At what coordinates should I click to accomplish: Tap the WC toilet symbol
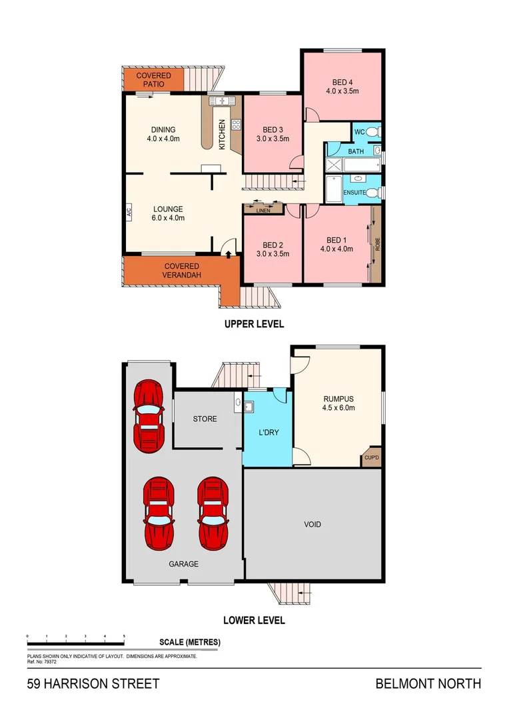(375, 131)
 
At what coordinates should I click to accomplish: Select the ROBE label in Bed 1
(377, 245)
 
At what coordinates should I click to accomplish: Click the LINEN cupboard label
(263, 211)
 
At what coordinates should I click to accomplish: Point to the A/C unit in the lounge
(128, 213)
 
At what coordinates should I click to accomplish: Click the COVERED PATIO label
(153, 80)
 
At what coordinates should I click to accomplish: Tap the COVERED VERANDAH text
(183, 271)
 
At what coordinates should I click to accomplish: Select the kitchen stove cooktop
(235, 124)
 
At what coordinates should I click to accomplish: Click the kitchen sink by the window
(220, 101)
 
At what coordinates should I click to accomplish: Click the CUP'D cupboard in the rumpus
(370, 458)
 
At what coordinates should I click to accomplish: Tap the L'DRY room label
(268, 432)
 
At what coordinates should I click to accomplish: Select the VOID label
(312, 524)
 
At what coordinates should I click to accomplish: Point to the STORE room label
(205, 419)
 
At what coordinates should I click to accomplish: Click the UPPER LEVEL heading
(253, 324)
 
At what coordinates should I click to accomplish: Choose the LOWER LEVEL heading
(254, 620)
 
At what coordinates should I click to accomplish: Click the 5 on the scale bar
(125, 637)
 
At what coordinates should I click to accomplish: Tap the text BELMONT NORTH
(428, 683)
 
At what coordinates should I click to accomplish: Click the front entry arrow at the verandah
(229, 253)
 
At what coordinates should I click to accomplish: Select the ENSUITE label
(353, 193)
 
